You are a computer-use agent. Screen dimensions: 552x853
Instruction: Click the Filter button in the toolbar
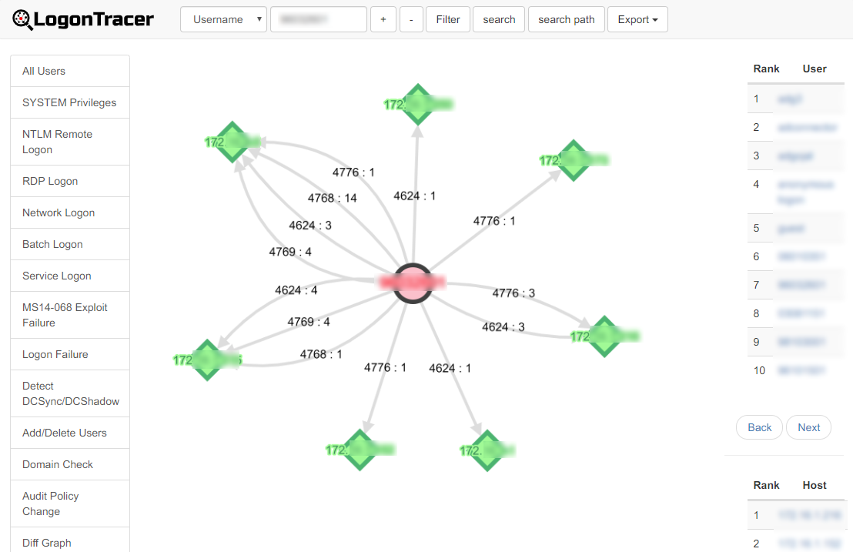pyautogui.click(x=447, y=19)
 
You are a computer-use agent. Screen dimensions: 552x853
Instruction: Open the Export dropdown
pyautogui.click(x=637, y=19)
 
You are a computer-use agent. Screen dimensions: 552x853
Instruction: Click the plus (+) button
pyautogui.click(x=383, y=19)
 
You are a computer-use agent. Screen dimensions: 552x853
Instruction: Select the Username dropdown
pyautogui.click(x=223, y=19)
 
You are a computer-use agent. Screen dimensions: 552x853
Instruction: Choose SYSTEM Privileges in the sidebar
pyautogui.click(x=69, y=102)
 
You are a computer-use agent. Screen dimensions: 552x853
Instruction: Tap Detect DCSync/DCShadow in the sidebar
pyautogui.click(x=70, y=393)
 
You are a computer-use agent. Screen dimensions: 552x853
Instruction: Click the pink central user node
pyautogui.click(x=413, y=282)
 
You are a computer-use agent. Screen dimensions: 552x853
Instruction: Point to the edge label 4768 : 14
pyautogui.click(x=333, y=198)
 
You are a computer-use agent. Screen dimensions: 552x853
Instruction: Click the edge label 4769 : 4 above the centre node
pyautogui.click(x=290, y=252)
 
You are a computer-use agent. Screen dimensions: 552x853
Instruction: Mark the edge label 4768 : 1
pyautogui.click(x=321, y=354)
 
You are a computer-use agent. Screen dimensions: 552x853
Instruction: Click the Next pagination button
pyautogui.click(x=808, y=427)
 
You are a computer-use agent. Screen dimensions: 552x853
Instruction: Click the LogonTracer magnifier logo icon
pyautogui.click(x=24, y=20)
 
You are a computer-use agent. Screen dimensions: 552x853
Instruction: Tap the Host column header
pyautogui.click(x=814, y=485)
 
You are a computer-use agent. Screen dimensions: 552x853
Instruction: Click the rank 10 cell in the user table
pyautogui.click(x=760, y=370)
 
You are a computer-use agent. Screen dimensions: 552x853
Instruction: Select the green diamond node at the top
pyautogui.click(x=418, y=105)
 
